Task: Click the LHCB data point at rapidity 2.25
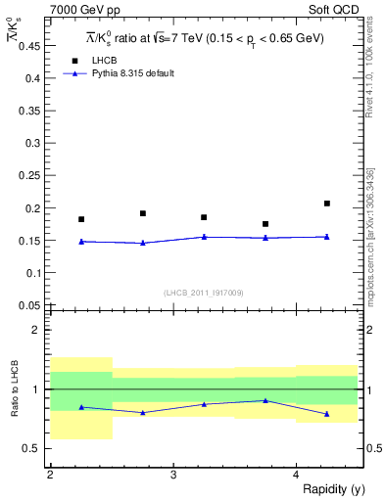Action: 81,219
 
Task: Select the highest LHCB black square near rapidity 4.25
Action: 327,204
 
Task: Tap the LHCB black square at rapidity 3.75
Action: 265,224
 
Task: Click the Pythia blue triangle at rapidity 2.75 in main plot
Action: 143,243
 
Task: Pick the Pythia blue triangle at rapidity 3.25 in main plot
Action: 204,237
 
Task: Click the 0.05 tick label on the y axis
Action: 32,305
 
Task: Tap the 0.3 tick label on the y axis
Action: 35,143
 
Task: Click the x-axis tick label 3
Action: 172,475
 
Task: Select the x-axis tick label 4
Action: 296,475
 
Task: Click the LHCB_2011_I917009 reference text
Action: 203,293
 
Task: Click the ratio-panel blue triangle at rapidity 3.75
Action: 265,400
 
